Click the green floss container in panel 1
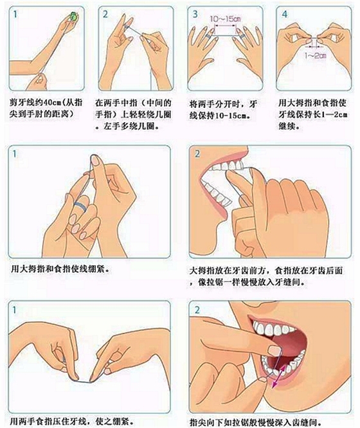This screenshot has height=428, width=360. tap(73, 16)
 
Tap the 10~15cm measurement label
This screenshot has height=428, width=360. tap(226, 19)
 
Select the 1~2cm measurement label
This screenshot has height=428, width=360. tap(316, 56)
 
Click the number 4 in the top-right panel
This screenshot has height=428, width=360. tap(285, 14)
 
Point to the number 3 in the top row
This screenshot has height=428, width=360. tap(195, 14)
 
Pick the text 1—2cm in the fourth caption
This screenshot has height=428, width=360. tap(334, 114)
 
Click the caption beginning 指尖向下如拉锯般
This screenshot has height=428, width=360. tap(256, 422)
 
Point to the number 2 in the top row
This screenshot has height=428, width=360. tap(105, 14)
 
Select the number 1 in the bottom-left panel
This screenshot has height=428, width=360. tap(15, 310)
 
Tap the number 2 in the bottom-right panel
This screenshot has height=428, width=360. tap(197, 310)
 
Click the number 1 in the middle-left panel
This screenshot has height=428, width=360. tap(15, 154)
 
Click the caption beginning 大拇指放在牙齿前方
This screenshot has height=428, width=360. tap(265, 276)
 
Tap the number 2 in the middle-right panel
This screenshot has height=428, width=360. tap(197, 154)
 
